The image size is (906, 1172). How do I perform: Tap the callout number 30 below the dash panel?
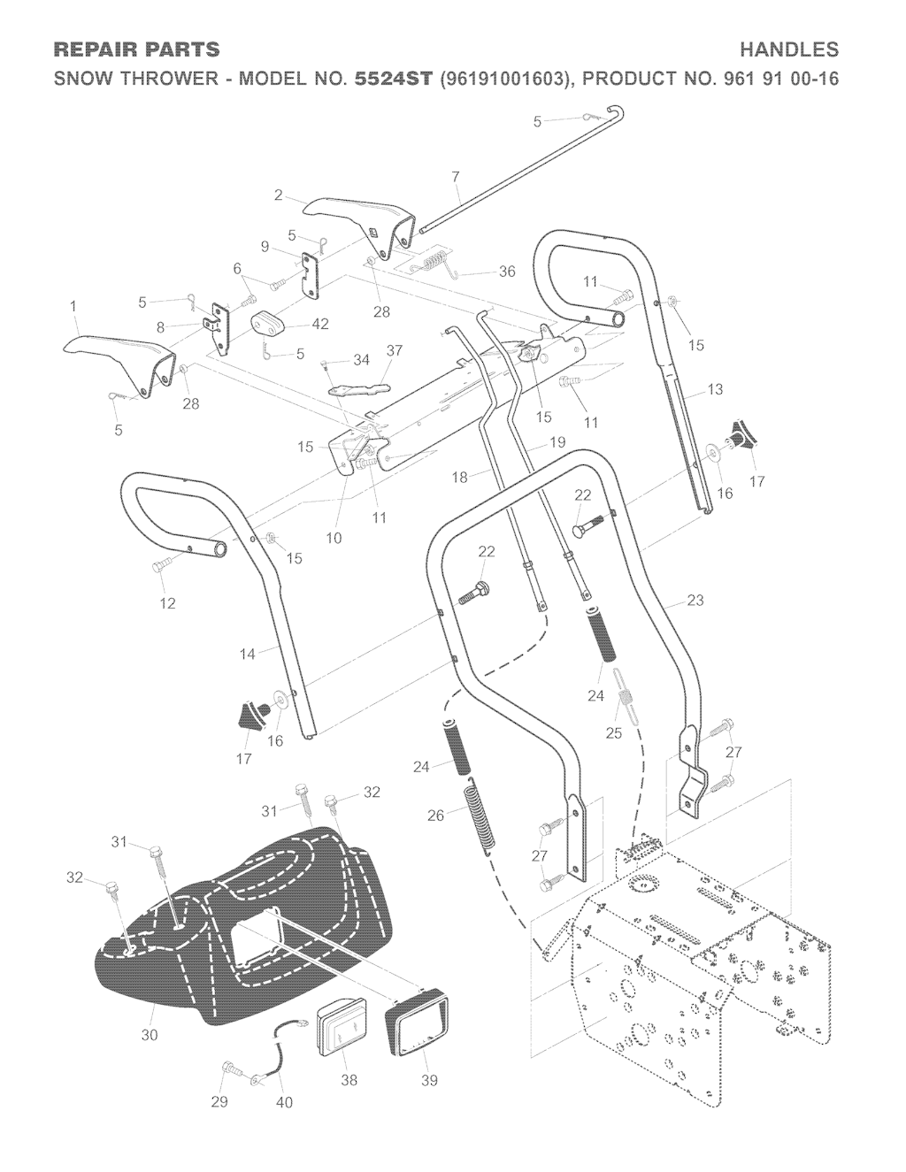(x=150, y=1034)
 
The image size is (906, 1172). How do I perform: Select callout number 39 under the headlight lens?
(x=429, y=1080)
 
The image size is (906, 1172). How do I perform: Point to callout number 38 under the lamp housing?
(x=349, y=1080)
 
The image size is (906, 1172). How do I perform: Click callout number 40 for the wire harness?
(x=285, y=1102)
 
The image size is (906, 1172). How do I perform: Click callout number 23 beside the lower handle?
(x=695, y=601)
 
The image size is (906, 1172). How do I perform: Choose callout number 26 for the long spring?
(x=435, y=816)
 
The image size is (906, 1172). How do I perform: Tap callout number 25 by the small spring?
(x=613, y=732)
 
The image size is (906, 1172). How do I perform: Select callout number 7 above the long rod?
(x=456, y=177)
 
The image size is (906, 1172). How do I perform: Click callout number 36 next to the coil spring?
(x=507, y=272)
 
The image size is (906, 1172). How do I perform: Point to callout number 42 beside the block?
(x=320, y=324)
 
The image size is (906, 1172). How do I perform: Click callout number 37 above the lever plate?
(x=394, y=350)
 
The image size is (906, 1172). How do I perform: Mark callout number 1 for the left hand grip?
(x=73, y=306)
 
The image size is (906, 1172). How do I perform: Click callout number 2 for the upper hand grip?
(x=279, y=195)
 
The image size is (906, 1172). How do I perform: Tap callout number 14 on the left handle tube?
(x=247, y=654)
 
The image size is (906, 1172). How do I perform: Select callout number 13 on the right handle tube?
(x=715, y=388)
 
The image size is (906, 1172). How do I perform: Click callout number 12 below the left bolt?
(x=167, y=603)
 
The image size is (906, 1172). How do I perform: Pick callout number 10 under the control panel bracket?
(x=334, y=538)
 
